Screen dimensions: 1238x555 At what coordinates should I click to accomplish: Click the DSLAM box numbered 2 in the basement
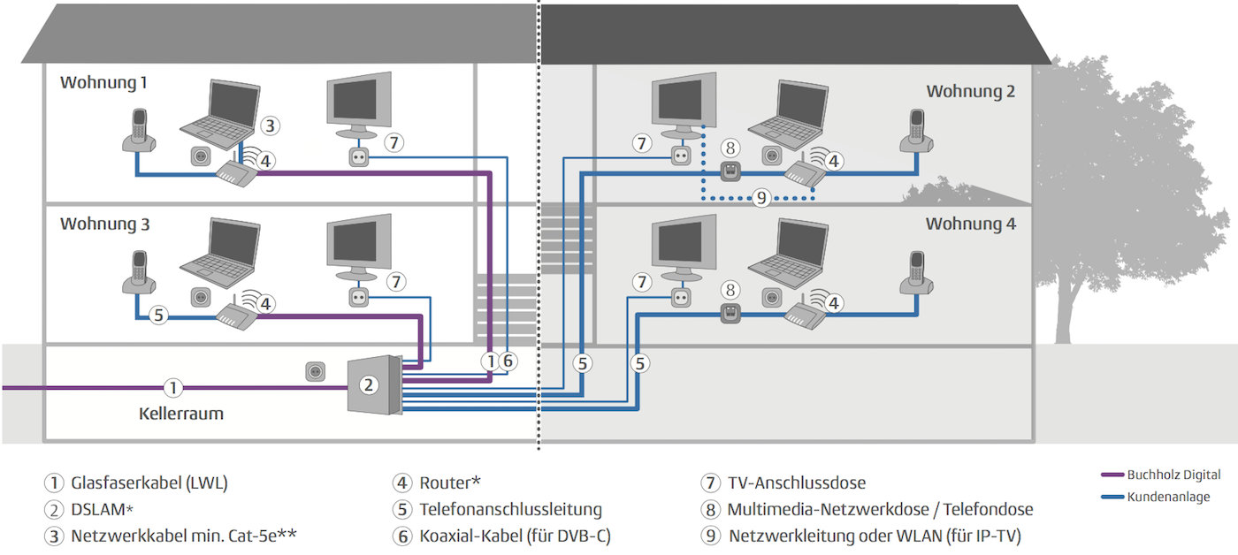click(374, 385)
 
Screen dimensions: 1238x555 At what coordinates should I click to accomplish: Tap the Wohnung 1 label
click(103, 83)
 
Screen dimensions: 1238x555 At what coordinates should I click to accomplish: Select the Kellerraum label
click(180, 414)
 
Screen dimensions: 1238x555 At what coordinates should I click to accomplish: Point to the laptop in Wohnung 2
click(788, 116)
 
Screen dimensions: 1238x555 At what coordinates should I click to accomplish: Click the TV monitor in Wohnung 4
click(684, 247)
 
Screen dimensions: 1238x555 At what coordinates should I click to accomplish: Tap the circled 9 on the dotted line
click(761, 197)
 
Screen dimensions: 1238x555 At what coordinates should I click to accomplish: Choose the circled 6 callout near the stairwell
click(508, 361)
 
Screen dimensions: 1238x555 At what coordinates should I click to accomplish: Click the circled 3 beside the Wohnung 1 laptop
click(270, 125)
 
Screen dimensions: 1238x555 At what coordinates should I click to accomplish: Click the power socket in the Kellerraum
click(316, 372)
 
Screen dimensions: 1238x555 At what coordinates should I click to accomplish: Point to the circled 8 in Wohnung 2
click(730, 148)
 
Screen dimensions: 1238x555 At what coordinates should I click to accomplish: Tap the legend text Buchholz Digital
click(1173, 475)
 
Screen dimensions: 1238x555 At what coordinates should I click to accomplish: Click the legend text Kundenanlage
click(1168, 497)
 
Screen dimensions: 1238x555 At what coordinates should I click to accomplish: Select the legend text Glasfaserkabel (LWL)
click(149, 483)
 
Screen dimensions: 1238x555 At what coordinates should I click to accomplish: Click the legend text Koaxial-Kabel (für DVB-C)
click(515, 536)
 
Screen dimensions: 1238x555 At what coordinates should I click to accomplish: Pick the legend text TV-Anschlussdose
click(797, 483)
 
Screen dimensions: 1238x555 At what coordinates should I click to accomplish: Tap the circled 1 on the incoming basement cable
click(173, 388)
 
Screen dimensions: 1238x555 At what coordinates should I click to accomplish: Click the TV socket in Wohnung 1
click(359, 157)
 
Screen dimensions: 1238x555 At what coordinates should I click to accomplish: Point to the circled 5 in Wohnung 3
click(158, 315)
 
